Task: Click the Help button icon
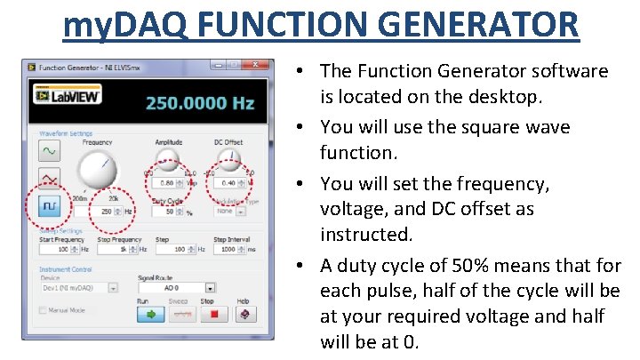point(242,314)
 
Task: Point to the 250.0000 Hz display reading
point(199,103)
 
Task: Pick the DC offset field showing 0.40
point(228,183)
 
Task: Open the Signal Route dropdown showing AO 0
point(176,287)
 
